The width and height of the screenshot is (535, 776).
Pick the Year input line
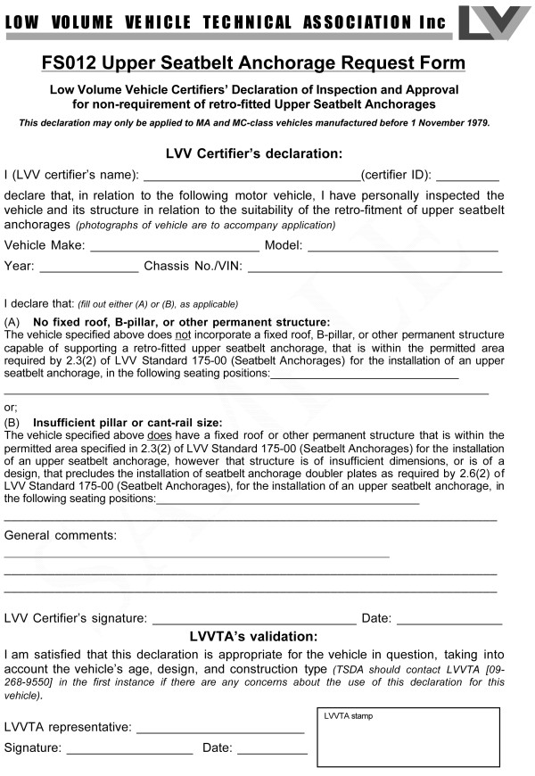tap(89, 267)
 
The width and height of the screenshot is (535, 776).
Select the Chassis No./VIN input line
tap(374, 267)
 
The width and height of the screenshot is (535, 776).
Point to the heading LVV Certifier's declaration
tap(254, 153)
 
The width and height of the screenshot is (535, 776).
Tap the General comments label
tap(60, 535)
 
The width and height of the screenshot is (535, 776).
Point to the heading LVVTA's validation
tap(254, 636)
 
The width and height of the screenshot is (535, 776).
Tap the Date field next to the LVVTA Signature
tap(272, 749)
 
